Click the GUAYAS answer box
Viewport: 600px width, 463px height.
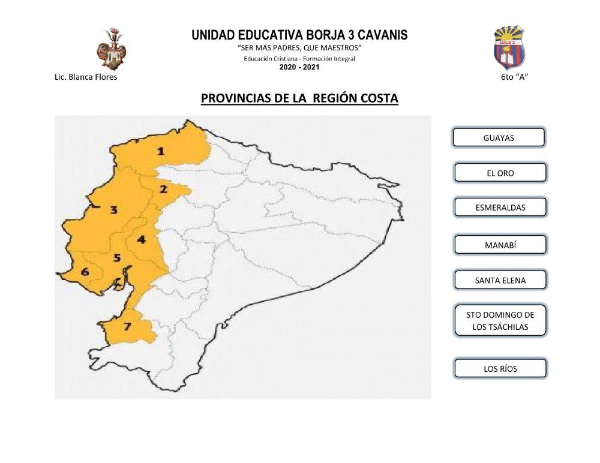point(499,137)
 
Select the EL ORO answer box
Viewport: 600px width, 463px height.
point(500,173)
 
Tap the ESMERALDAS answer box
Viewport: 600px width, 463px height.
point(500,208)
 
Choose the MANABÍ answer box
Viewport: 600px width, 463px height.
point(500,245)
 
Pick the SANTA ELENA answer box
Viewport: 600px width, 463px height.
point(500,280)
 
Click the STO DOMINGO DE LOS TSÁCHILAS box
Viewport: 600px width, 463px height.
point(500,321)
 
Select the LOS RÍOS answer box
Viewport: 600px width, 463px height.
point(500,368)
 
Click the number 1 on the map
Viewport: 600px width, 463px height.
point(161,151)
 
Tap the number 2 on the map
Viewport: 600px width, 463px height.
point(163,190)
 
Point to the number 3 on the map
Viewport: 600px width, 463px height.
point(113,210)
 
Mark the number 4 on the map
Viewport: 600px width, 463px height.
point(141,240)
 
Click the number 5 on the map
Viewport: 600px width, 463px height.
point(118,258)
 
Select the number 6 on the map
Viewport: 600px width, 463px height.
point(85,272)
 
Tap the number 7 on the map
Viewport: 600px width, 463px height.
point(127,327)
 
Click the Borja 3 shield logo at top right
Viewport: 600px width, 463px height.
point(509,46)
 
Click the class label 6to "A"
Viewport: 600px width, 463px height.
point(514,77)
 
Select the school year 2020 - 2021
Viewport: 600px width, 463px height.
point(299,67)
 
